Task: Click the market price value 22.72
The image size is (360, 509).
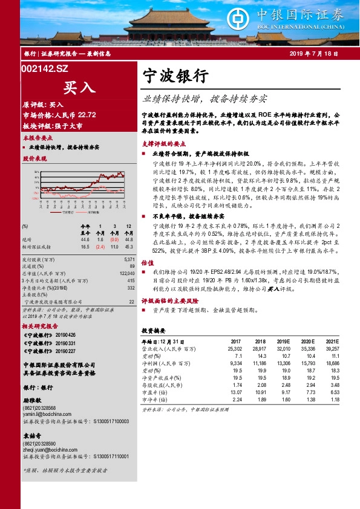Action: [87, 115]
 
